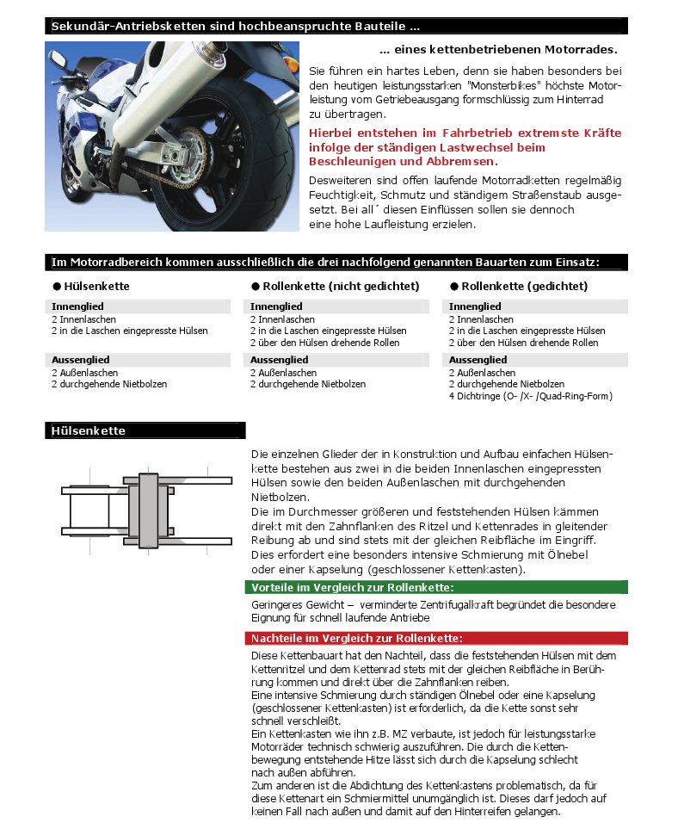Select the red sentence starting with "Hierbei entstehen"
(x=465, y=147)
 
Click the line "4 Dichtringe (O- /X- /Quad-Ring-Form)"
(x=530, y=396)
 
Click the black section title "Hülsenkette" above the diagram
(x=89, y=431)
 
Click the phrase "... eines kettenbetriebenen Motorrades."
(x=498, y=50)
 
